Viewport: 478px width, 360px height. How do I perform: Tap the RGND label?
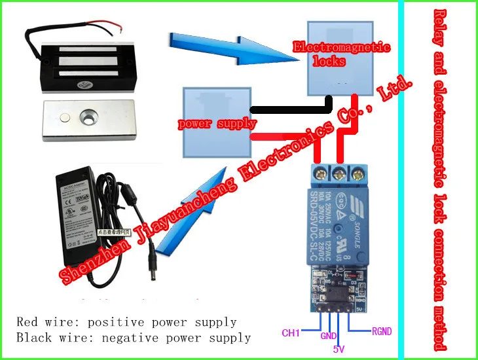pos(381,332)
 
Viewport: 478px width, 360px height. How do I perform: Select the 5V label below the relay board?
pos(339,349)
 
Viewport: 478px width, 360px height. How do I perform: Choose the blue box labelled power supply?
pos(217,122)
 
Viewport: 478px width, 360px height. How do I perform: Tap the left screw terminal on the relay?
pos(321,173)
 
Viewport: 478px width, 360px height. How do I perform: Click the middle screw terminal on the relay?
pos(339,173)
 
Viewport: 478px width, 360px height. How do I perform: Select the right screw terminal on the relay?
pos(358,173)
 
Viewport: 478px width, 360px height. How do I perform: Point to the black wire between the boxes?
pos(288,109)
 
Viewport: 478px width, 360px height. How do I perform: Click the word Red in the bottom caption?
pos(28,322)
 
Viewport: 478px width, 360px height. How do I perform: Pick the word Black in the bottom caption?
pos(33,338)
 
